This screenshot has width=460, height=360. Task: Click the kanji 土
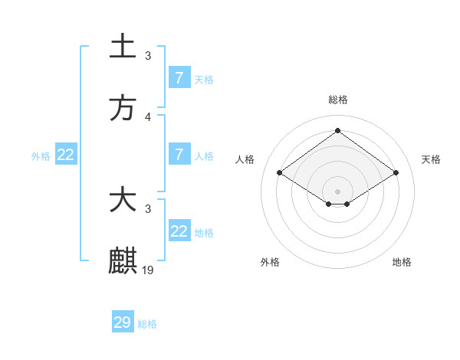123,45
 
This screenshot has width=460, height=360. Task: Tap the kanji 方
123,109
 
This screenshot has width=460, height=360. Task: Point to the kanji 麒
123,260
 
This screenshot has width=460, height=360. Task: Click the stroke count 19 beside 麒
149,270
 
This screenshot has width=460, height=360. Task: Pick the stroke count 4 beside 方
148,117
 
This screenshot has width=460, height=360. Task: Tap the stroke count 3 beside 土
148,56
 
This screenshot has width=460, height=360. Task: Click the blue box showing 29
123,322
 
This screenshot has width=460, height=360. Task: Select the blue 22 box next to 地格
179,231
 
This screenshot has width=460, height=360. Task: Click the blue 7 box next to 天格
179,77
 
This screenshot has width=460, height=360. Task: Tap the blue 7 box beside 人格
179,154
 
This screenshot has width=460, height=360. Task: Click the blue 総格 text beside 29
147,324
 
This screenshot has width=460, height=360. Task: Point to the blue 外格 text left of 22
41,155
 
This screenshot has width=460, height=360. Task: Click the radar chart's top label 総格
338,100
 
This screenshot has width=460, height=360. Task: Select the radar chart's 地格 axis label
402,262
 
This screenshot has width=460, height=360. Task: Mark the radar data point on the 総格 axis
337,130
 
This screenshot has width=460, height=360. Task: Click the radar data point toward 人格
280,173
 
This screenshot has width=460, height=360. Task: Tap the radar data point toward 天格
396,173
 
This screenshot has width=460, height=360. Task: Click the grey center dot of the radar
337,191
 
